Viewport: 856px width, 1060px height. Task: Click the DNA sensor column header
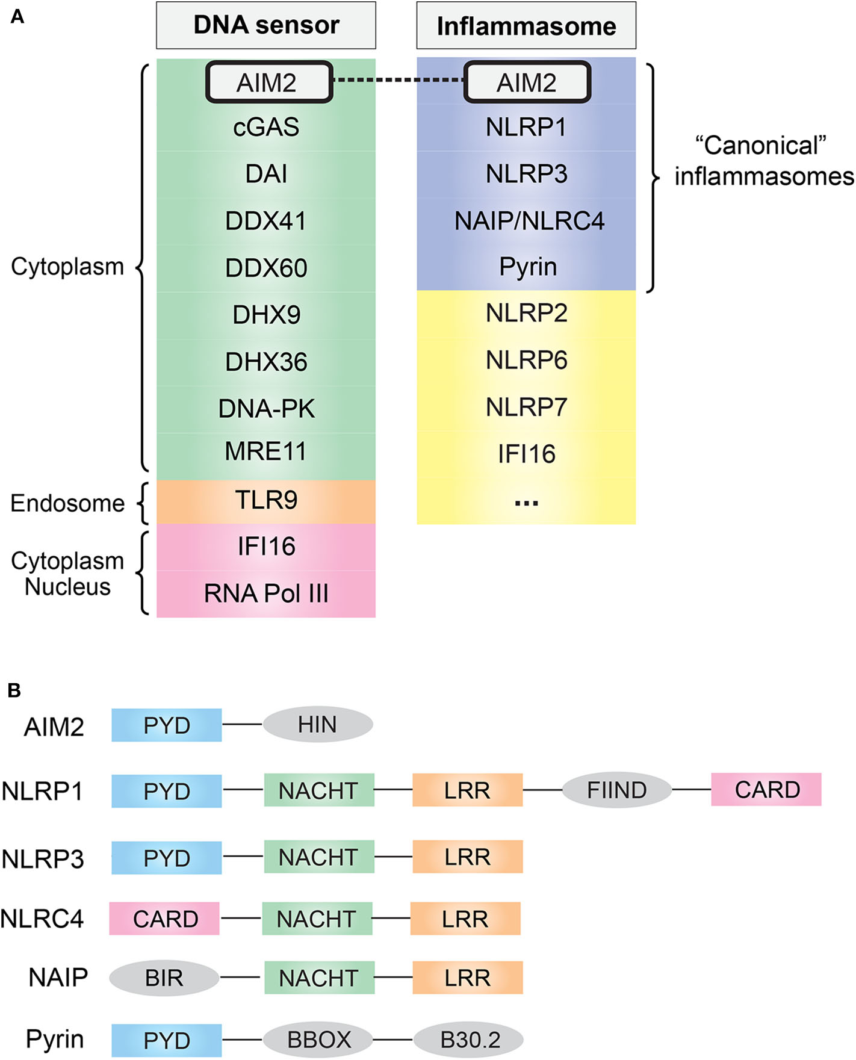266,25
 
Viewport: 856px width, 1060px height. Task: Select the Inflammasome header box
526,26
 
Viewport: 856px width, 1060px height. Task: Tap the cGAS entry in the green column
266,128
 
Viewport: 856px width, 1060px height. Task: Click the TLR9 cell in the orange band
266,501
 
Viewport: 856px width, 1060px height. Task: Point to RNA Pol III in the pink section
266,594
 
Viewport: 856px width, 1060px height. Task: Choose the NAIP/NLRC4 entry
529,221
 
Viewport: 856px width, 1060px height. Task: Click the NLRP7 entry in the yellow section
526,408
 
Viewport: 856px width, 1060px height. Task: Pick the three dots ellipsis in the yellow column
526,503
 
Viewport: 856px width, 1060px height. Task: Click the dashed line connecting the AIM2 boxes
398,81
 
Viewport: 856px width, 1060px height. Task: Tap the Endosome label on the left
67,503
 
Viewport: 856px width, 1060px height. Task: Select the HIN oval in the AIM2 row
317,725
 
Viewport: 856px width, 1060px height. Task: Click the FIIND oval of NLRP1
616,790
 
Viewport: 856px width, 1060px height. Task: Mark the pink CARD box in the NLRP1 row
766,790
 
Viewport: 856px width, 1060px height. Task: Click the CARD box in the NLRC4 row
164,919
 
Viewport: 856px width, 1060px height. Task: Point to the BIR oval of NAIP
164,978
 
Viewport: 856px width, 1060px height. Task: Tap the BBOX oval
318,1040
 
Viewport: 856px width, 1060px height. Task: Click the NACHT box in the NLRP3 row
318,857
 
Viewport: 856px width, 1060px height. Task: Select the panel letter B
14,690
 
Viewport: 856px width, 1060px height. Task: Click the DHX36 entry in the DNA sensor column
266,362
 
